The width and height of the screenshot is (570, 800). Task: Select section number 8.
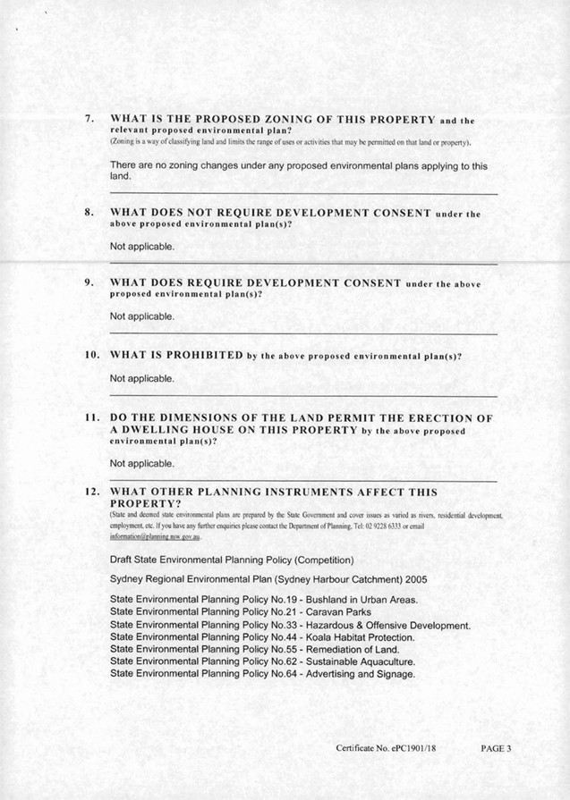pos(89,213)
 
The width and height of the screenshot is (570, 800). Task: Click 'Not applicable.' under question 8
pos(142,246)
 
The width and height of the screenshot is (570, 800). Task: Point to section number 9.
pos(89,282)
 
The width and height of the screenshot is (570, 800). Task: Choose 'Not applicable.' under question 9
pos(142,316)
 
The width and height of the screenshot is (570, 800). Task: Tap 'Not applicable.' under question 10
pos(142,379)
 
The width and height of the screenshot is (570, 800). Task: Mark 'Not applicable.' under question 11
pos(142,464)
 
